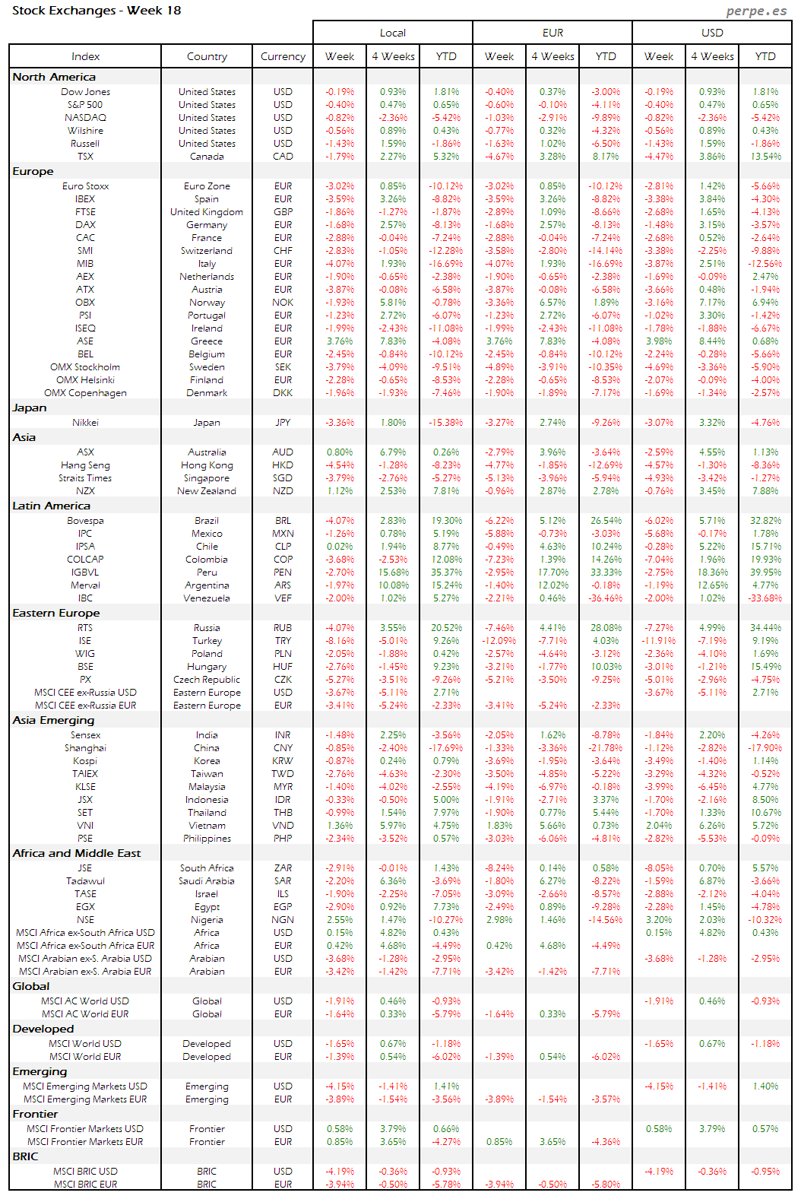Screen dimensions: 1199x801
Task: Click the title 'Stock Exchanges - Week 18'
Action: (97, 11)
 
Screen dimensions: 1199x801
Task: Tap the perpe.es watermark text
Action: (756, 11)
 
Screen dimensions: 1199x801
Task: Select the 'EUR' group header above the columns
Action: (552, 33)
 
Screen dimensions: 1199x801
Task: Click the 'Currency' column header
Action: (283, 56)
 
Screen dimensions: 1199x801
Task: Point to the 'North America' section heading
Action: (54, 77)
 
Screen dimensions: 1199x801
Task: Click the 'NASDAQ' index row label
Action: (85, 118)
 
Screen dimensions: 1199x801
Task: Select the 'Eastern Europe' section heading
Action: (56, 613)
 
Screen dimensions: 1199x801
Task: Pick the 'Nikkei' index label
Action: (85, 423)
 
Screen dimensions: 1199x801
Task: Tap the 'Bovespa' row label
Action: (85, 521)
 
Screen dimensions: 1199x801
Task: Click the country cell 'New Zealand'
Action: (207, 491)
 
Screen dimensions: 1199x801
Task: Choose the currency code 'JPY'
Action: (283, 423)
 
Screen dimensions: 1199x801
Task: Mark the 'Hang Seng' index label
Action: (85, 465)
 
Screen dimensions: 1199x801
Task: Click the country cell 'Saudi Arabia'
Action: (207, 881)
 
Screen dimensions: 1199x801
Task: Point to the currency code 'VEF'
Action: (283, 598)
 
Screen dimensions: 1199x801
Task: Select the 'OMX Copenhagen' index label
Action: (85, 393)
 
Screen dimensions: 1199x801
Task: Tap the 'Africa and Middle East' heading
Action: (77, 853)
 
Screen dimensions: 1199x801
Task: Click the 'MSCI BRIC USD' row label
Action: (85, 1172)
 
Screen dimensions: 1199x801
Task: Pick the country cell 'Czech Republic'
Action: (207, 680)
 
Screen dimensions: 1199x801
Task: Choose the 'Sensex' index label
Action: (85, 735)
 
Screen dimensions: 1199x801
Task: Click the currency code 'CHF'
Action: (283, 251)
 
